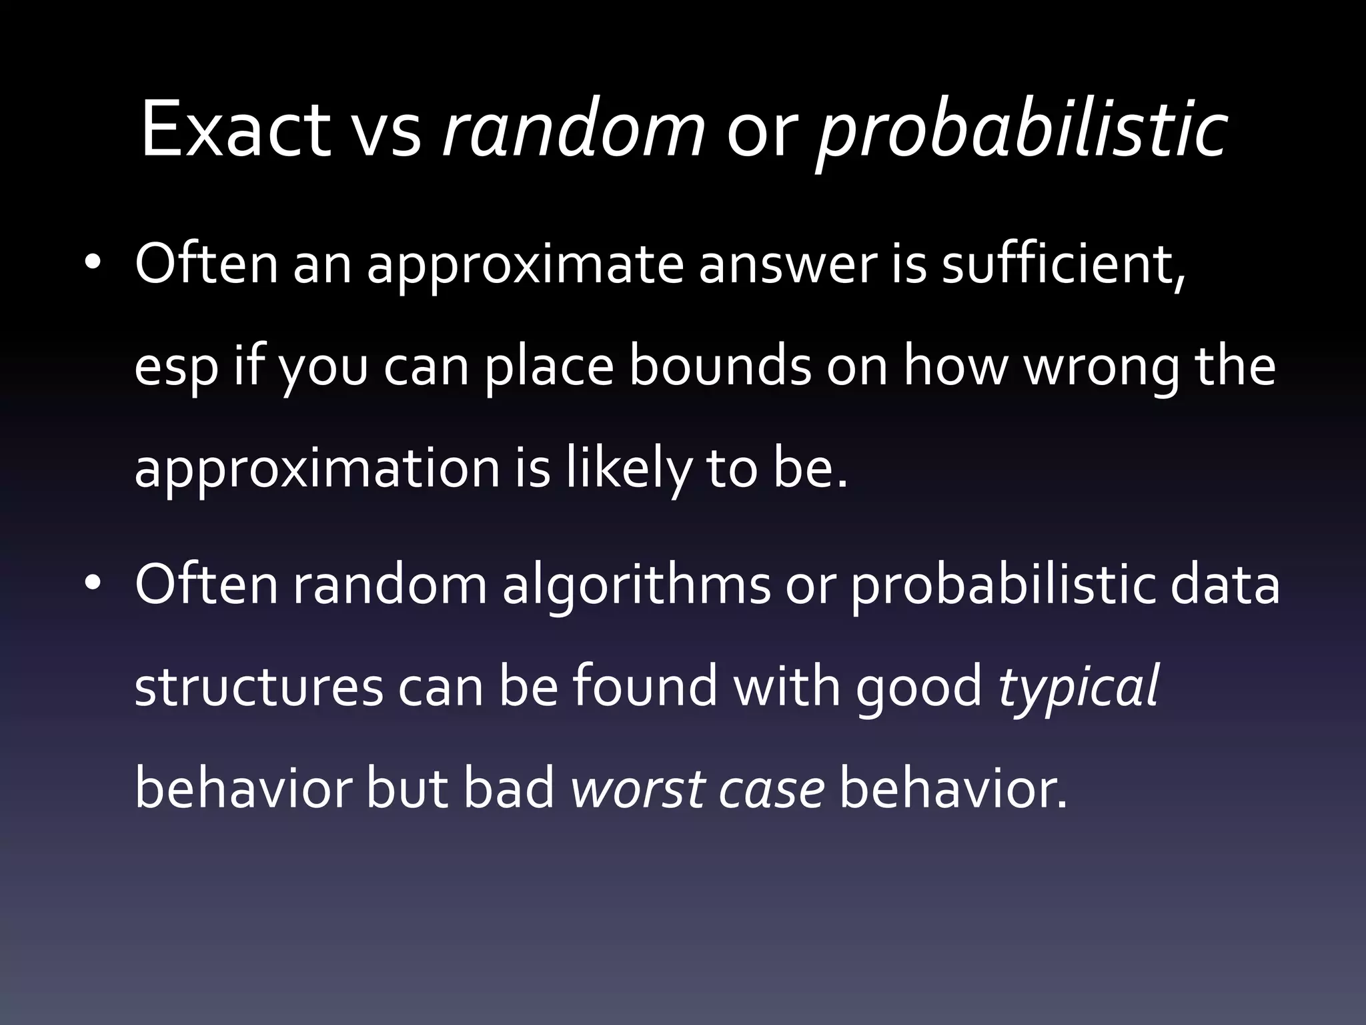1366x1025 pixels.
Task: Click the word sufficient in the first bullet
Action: pyautogui.click(x=1063, y=264)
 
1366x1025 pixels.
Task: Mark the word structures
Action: pyautogui.click(x=259, y=687)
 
